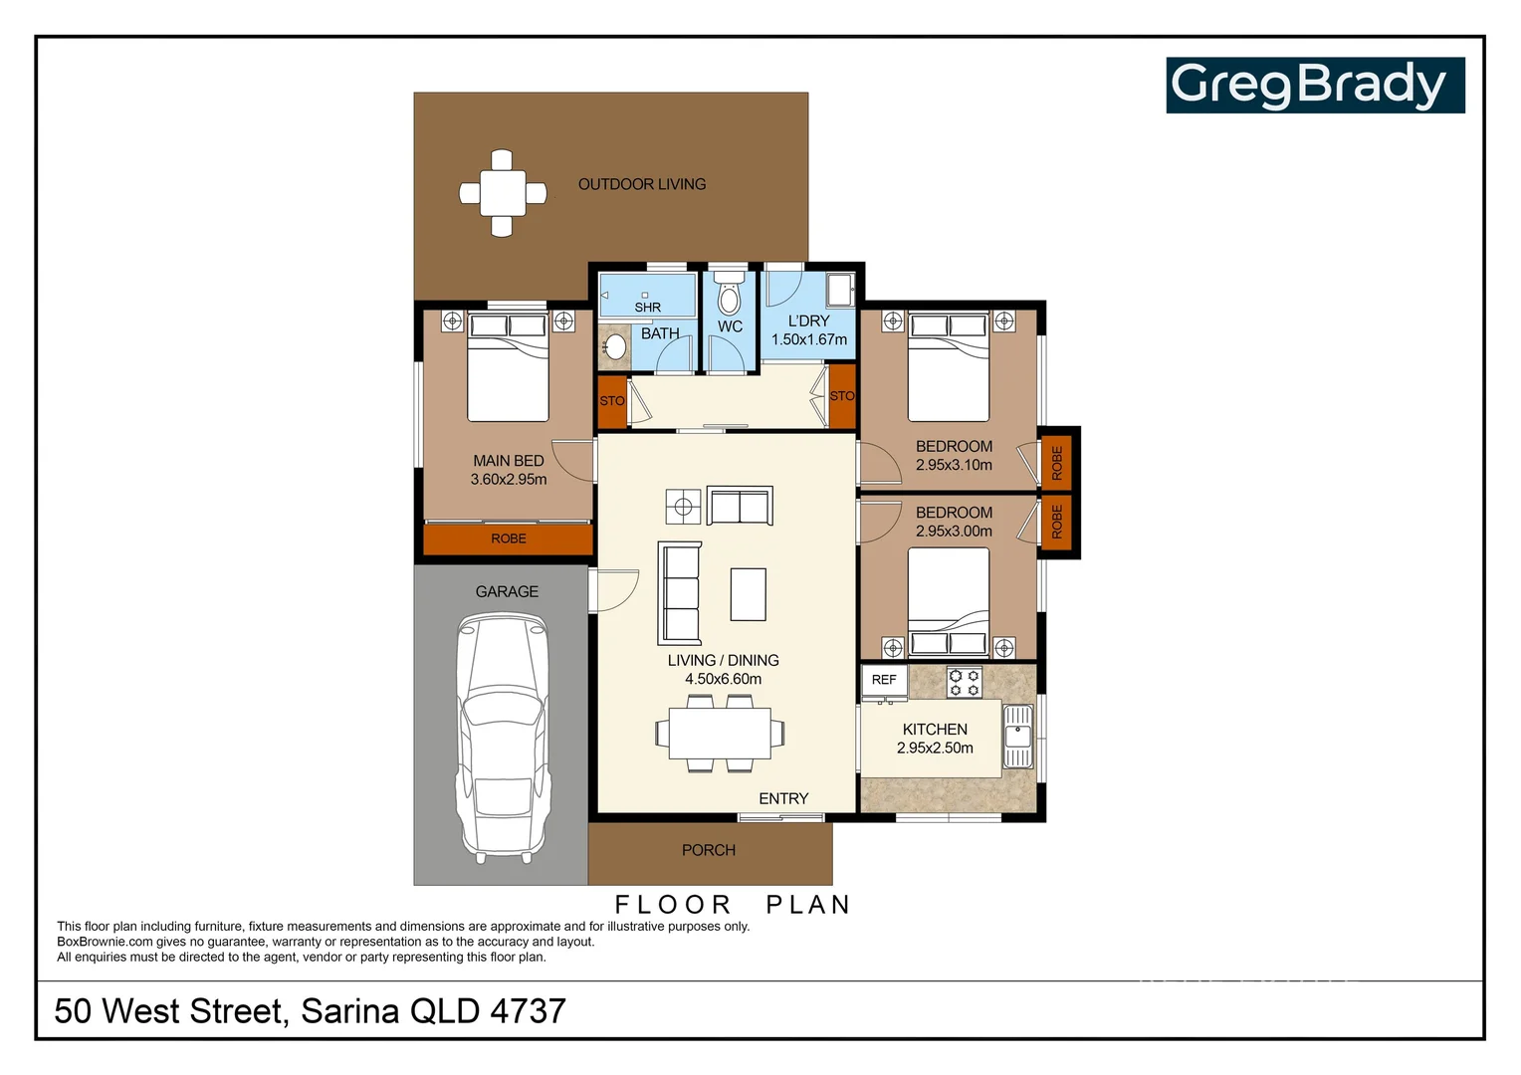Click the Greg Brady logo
[1314, 86]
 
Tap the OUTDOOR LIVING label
[642, 184]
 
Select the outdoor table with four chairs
[502, 193]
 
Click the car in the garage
[502, 737]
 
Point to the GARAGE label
[507, 591]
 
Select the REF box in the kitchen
[884, 680]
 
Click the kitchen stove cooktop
[964, 682]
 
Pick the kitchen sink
[1017, 737]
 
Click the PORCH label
[709, 850]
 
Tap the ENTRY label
[783, 798]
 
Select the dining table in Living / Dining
[720, 734]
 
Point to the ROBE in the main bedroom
[509, 538]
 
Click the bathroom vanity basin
[615, 347]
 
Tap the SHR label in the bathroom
[648, 308]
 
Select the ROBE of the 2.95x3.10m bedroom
[1057, 462]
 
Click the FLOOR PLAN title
[734, 904]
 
